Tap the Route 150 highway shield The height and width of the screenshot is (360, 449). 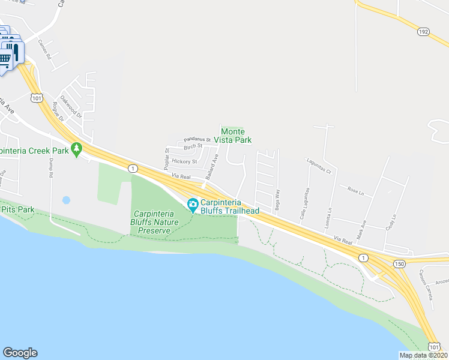click(x=399, y=263)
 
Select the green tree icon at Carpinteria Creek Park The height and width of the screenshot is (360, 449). click(x=76, y=149)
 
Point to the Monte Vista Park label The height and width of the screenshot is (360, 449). click(x=236, y=136)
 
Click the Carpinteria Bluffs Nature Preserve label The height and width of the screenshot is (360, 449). click(x=159, y=221)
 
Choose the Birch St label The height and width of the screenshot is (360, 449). click(x=193, y=146)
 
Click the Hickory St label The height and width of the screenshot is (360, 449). click(x=184, y=161)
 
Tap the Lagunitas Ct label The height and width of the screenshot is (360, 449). click(x=319, y=170)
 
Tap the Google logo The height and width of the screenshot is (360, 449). click(x=20, y=353)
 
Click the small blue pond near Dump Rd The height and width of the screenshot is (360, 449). click(x=66, y=200)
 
